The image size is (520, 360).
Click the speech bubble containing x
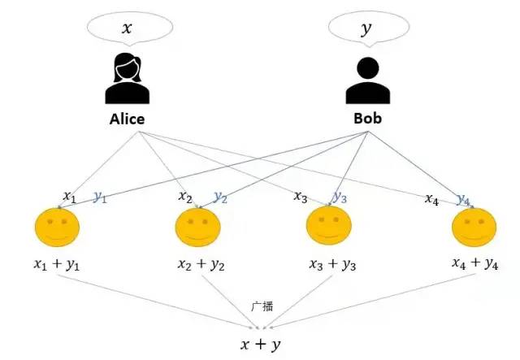point(127,29)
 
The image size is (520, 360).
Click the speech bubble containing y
point(366,30)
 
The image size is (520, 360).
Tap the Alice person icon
point(126,79)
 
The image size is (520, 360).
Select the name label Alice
point(127,119)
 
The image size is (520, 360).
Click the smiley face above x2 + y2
point(197,228)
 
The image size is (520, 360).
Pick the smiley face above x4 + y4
point(473,228)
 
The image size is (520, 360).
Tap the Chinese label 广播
point(262,306)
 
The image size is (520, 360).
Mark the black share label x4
point(433,197)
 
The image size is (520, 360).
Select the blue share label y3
point(340,197)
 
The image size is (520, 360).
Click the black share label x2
point(185,197)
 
